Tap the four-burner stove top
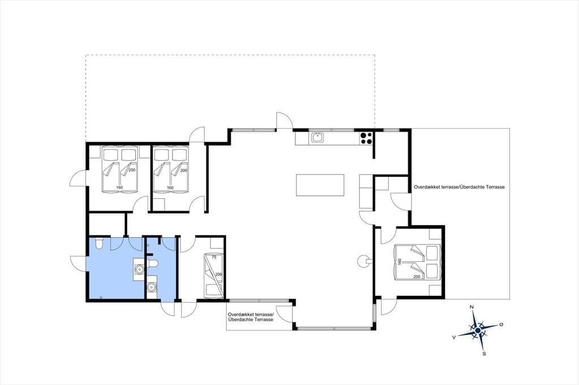(x=366, y=138)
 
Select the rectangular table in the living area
(x=320, y=185)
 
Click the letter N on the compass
(x=472, y=307)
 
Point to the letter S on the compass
(x=484, y=353)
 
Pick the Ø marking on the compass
(x=501, y=325)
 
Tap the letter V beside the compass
(x=454, y=337)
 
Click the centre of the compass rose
(x=478, y=330)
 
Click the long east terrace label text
(x=459, y=187)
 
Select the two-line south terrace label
(x=251, y=317)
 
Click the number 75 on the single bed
(x=213, y=257)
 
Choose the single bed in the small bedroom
(x=213, y=275)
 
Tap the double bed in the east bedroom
(x=417, y=262)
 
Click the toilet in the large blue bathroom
(x=99, y=243)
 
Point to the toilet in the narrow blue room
(x=153, y=263)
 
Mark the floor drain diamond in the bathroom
(x=101, y=297)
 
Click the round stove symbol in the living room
(x=364, y=261)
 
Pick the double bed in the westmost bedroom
(x=119, y=169)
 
